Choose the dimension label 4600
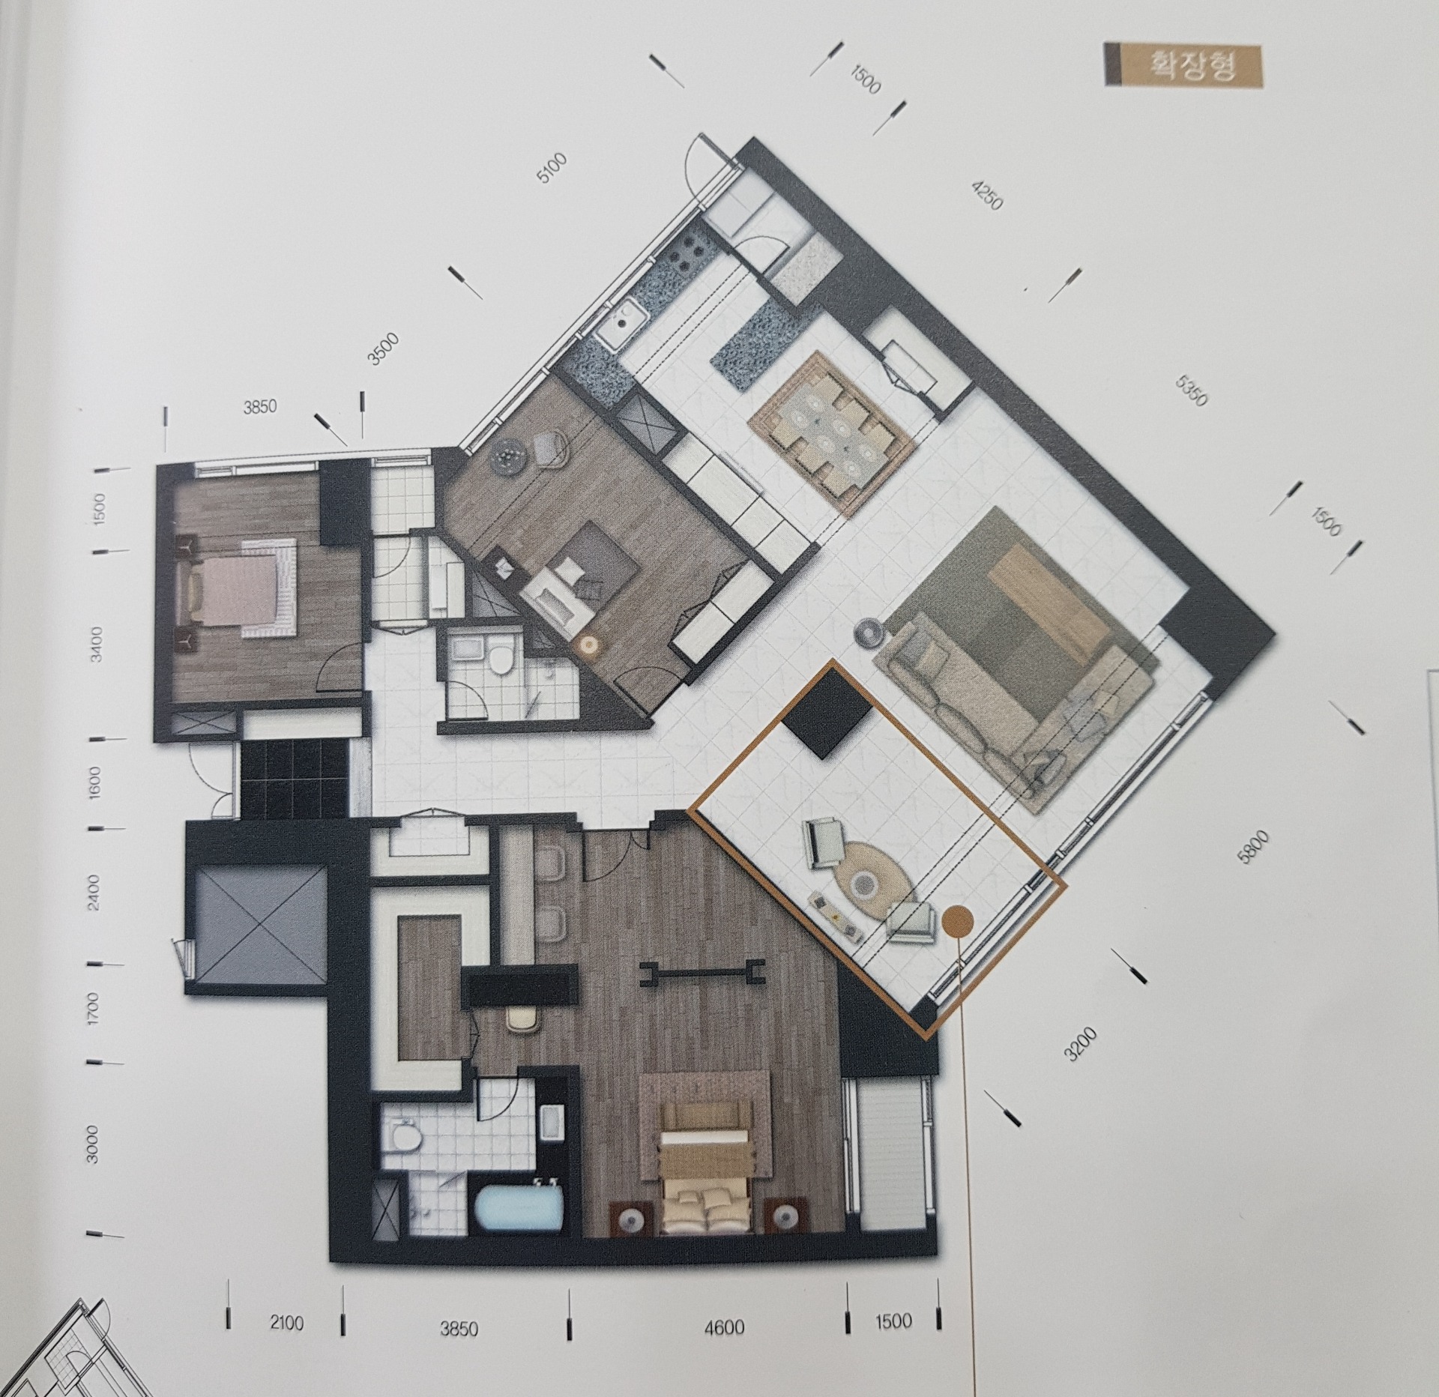pyautogui.click(x=725, y=1348)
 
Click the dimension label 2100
pyautogui.click(x=286, y=1345)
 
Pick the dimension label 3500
pyautogui.click(x=384, y=347)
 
